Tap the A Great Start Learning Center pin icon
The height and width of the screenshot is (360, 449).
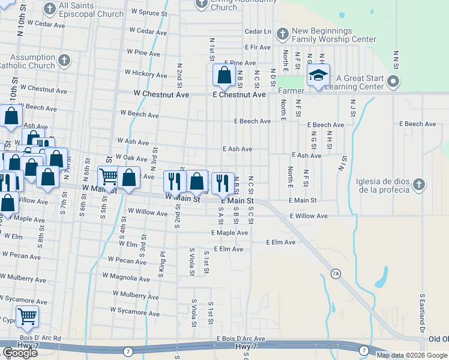[394, 81]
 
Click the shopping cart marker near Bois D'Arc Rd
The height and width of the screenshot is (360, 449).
[27, 317]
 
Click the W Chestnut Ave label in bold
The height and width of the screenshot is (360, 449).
[161, 95]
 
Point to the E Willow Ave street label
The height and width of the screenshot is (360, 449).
[309, 216]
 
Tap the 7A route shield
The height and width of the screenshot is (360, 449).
[336, 274]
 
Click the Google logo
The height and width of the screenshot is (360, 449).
[20, 353]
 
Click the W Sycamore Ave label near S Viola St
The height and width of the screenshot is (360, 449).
[134, 312]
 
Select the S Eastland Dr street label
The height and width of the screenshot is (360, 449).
[423, 313]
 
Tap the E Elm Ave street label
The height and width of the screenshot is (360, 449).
[281, 242]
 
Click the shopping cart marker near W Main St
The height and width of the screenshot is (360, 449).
[108, 178]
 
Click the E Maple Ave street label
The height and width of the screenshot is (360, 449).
[229, 233]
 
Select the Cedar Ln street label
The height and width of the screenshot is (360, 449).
[258, 32]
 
